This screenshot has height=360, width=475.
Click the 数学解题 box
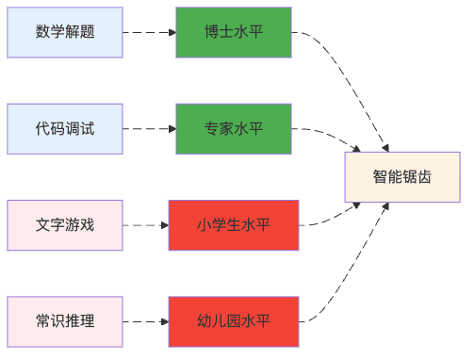tap(65, 32)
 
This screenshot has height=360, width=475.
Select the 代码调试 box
tap(65, 129)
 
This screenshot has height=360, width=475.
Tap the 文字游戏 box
tap(65, 225)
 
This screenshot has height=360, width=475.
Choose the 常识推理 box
tap(65, 321)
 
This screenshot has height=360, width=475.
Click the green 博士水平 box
tap(234, 32)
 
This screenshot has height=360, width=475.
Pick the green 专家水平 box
tap(234, 129)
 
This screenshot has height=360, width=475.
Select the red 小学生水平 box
tap(234, 225)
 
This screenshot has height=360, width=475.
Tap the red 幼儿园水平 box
tap(234, 321)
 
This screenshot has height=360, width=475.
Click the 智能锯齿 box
tap(402, 177)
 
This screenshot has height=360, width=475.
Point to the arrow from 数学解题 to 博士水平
tap(149, 32)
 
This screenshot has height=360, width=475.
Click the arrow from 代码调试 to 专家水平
tap(149, 129)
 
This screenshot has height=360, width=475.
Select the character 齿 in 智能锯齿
tap(425, 177)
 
